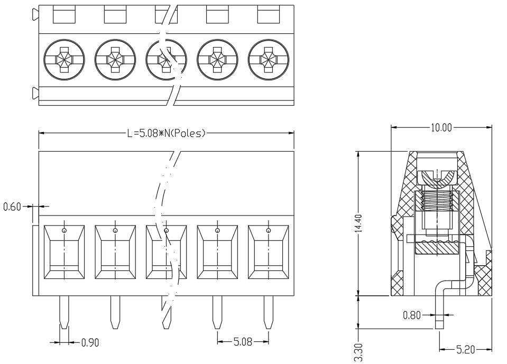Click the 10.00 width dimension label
click(x=441, y=127)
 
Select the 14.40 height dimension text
click(x=358, y=223)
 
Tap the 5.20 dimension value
click(x=465, y=349)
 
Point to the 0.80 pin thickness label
click(x=412, y=315)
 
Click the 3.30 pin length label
click(x=358, y=353)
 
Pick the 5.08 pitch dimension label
click(x=243, y=342)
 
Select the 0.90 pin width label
click(x=90, y=342)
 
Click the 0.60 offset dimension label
click(x=12, y=207)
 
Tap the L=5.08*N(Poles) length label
click(x=166, y=133)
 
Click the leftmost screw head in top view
click(x=64, y=60)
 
